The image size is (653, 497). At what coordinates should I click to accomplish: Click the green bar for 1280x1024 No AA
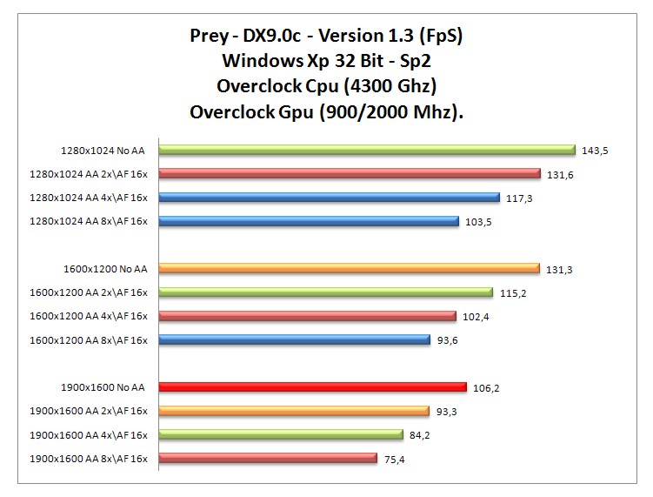tap(366, 150)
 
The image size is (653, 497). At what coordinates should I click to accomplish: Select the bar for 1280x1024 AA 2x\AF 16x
tap(349, 173)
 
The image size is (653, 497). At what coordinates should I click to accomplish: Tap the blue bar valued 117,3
tap(329, 198)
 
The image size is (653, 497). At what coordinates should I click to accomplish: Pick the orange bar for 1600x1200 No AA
tap(349, 268)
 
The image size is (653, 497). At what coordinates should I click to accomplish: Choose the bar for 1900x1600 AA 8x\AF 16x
tap(267, 458)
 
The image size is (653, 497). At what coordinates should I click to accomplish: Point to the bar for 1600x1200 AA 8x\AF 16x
tap(294, 339)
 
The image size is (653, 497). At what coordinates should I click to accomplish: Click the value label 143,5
tap(595, 151)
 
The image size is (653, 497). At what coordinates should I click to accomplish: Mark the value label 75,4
tap(394, 459)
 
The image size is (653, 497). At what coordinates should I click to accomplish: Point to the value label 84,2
tap(421, 435)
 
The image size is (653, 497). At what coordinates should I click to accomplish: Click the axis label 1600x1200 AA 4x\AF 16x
tap(89, 316)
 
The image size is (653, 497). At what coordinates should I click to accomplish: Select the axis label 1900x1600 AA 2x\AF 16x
tap(89, 411)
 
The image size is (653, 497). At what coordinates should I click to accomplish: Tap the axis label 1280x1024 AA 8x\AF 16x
tap(89, 221)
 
